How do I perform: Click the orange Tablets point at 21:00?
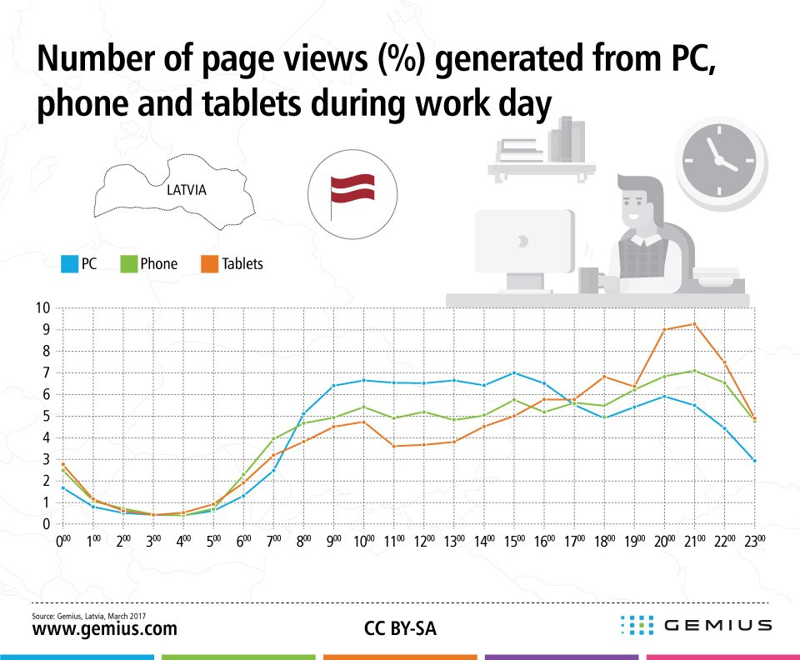pos(694,324)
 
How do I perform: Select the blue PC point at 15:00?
pos(513,372)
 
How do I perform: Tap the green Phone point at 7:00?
pos(272,438)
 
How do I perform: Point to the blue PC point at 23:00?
pos(754,460)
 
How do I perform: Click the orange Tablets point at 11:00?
pos(393,446)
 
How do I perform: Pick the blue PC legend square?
pos(70,264)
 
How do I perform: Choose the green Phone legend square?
pos(129,264)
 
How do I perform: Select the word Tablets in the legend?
pos(242,264)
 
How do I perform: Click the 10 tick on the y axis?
pos(42,307)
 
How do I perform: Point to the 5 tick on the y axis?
pos(47,416)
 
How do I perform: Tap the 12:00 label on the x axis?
pos(423,541)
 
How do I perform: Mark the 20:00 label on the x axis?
pos(664,541)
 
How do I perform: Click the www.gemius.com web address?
pos(104,628)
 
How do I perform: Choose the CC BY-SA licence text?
pos(400,628)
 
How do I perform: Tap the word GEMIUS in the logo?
pos(717,624)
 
